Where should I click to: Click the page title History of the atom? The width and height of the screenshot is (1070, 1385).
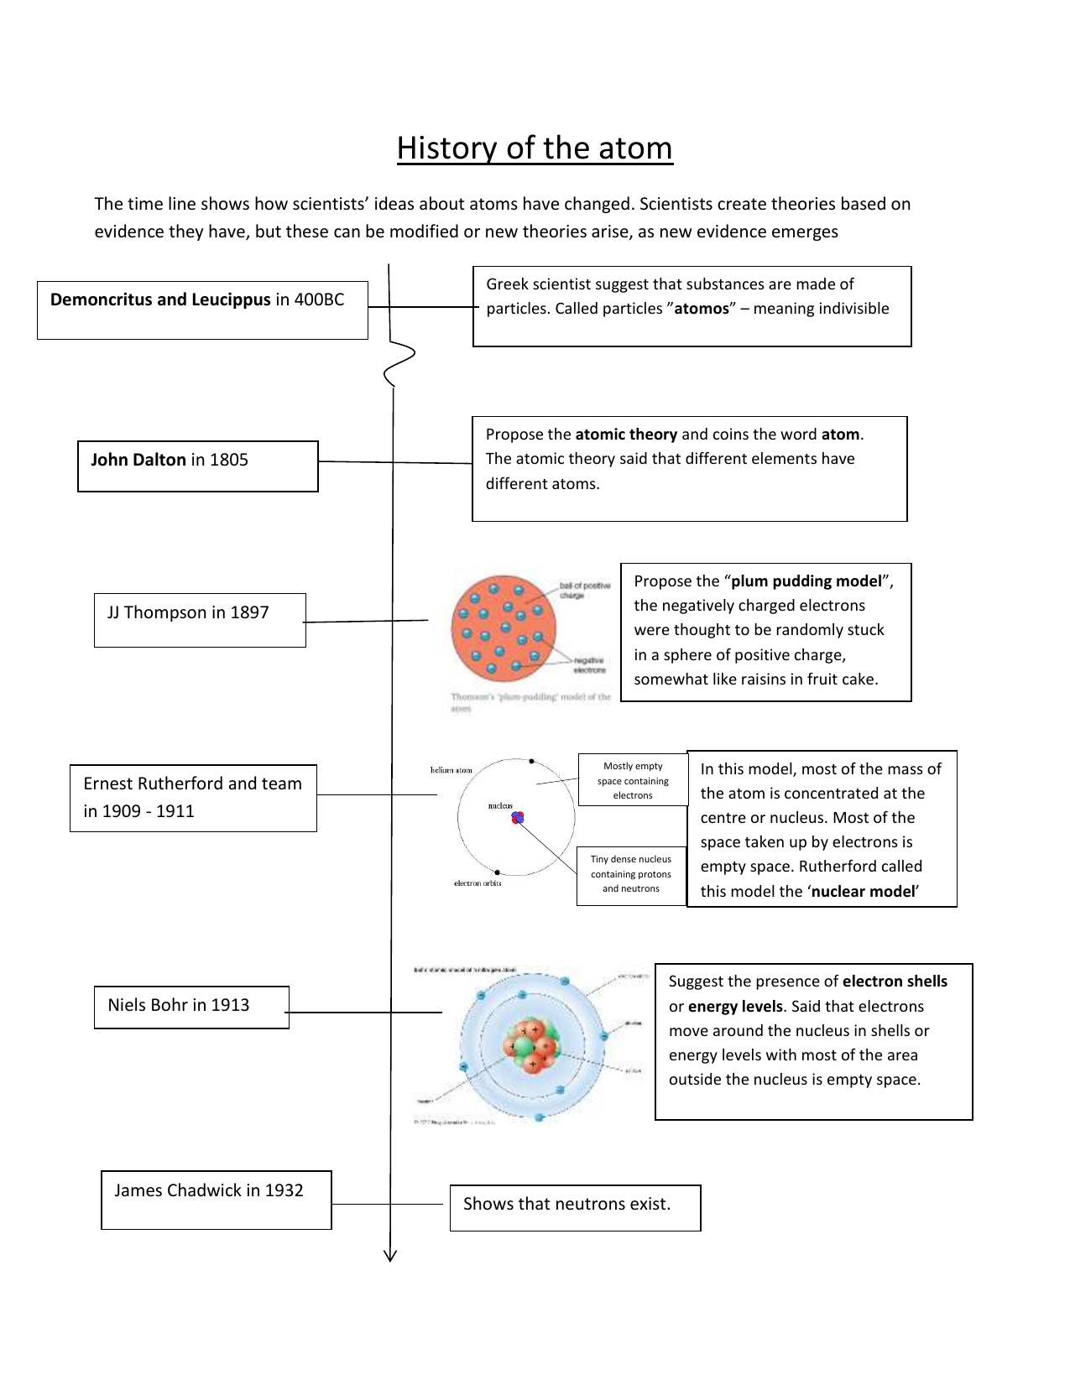535,148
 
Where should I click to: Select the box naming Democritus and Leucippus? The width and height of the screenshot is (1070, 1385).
202,310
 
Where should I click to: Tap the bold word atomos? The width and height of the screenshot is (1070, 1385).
702,309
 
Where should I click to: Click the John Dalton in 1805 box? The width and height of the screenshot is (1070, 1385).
198,466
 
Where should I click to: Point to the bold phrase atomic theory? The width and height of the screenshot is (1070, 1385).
626,435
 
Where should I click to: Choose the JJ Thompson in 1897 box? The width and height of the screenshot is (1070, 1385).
200,620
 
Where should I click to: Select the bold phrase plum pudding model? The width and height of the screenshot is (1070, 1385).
806,581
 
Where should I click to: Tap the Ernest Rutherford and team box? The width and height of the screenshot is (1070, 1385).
193,798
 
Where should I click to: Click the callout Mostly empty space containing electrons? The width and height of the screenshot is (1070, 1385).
633,780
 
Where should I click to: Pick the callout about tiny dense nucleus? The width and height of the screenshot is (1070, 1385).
631,874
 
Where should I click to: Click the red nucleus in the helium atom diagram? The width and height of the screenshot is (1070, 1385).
518,816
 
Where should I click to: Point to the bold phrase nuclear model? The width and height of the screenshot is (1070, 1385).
863,892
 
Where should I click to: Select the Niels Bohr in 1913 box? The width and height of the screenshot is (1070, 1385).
191,1007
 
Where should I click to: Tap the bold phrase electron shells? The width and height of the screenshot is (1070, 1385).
895,981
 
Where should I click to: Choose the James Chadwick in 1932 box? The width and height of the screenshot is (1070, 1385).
217,1200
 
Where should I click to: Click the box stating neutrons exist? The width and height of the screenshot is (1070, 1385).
575,1207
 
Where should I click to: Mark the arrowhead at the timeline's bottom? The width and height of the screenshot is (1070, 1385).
390,1255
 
